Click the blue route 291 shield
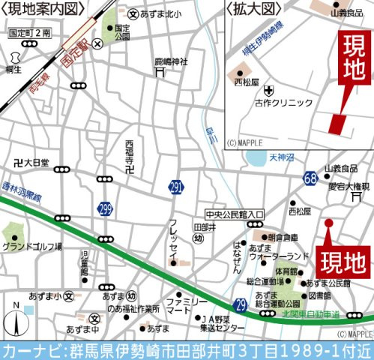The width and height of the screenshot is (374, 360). (x=175, y=186)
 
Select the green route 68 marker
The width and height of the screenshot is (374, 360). (x=310, y=177)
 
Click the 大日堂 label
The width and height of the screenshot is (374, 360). (x=31, y=162)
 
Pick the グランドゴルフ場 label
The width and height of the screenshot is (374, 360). (x=31, y=246)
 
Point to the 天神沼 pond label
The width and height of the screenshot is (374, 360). (x=283, y=157)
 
